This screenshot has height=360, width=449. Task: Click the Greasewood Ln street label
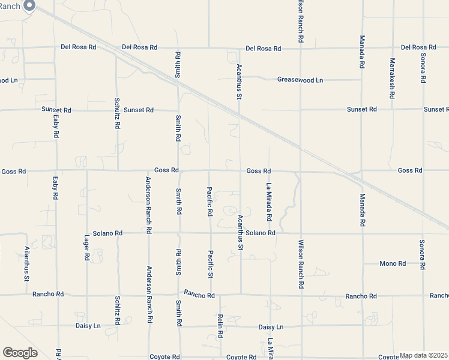click(300, 80)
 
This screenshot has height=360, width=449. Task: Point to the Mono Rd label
click(393, 263)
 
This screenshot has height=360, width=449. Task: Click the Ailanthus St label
click(26, 264)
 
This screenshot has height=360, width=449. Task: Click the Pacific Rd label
click(209, 201)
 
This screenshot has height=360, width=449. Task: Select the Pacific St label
click(210, 264)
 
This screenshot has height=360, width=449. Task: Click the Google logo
click(20, 353)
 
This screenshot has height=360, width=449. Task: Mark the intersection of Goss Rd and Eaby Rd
click(56, 170)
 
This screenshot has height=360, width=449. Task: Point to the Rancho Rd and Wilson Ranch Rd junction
click(300, 295)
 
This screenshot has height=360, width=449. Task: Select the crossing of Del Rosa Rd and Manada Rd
click(362, 47)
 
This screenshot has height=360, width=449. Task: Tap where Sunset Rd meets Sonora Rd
click(423, 109)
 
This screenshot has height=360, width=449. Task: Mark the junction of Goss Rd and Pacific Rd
click(208, 170)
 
